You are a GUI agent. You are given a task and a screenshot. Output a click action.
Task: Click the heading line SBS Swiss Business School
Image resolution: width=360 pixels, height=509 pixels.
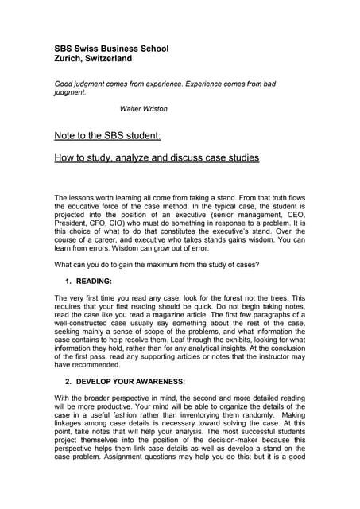coord(110,49)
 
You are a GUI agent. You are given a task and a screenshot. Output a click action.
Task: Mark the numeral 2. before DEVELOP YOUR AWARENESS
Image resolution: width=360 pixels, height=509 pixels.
coord(69,404)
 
